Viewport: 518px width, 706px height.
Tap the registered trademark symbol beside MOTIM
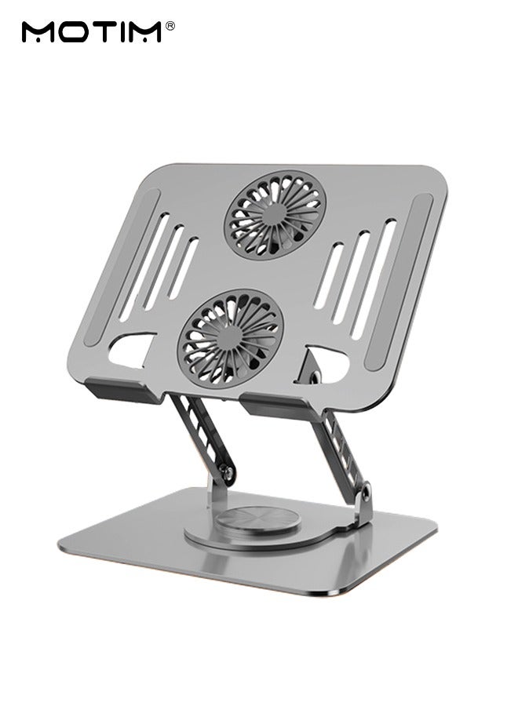tap(170, 26)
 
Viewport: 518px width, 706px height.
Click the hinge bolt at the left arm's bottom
tap(225, 471)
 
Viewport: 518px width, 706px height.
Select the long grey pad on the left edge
tap(118, 267)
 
